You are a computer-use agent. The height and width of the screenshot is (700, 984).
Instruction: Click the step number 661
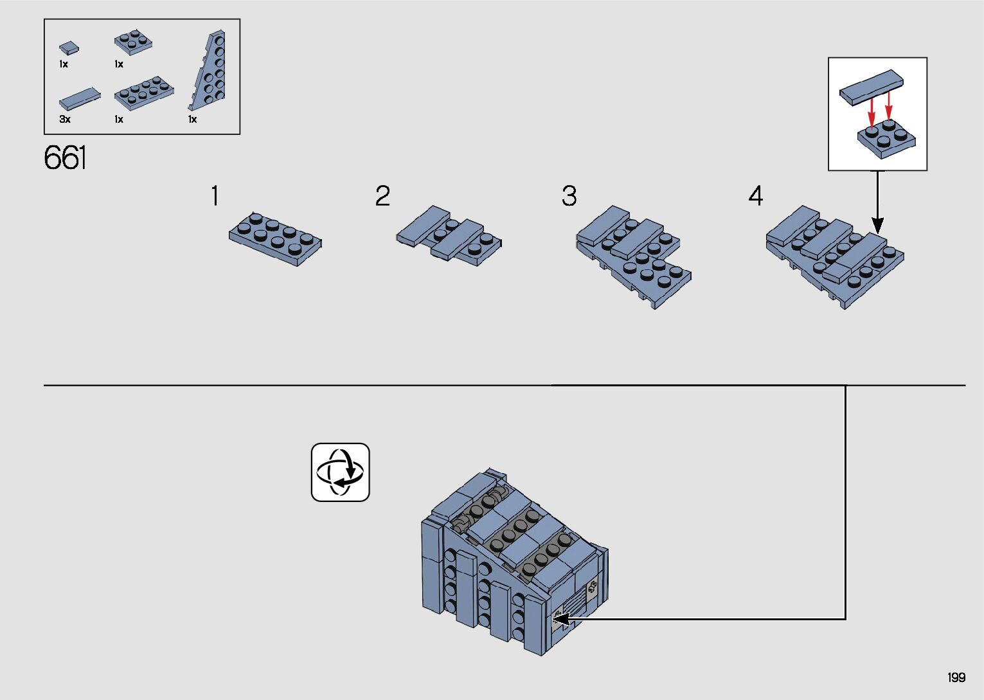coord(65,158)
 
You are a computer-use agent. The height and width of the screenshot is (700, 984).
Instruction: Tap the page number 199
coord(956,678)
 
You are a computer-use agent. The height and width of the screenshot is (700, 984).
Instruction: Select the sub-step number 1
coord(215,196)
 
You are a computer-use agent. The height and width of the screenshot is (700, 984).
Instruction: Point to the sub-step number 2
coord(382,196)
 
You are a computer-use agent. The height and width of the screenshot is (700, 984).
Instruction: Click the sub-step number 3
coord(569,196)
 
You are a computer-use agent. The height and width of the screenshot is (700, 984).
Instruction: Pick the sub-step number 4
coord(755,196)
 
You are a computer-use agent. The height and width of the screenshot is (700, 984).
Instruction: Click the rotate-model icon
coord(340,472)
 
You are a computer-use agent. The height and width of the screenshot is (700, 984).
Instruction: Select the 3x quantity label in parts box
coord(65,120)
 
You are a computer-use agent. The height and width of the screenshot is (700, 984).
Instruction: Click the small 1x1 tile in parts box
coord(69,48)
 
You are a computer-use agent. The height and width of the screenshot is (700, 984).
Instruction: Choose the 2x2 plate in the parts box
coord(133,42)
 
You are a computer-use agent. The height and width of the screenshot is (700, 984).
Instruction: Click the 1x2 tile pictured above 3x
coord(80,99)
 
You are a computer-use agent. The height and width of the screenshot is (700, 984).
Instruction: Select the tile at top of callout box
coord(871,87)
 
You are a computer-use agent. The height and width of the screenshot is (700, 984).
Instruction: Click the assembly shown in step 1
coord(275,238)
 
